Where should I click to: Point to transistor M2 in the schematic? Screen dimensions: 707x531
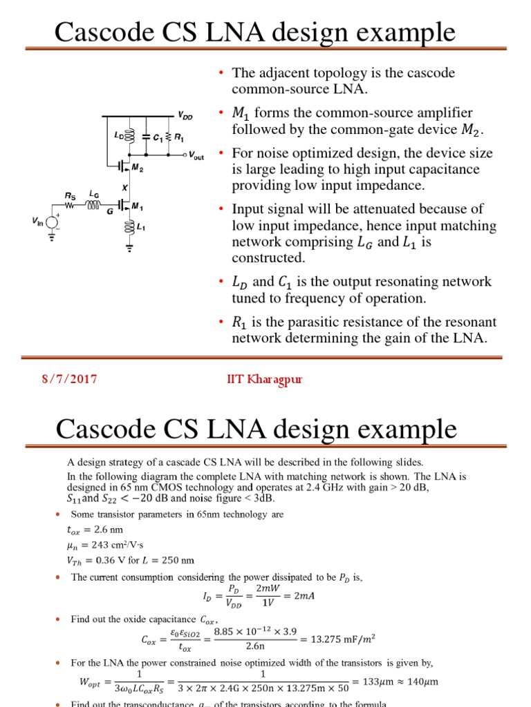[x=122, y=166]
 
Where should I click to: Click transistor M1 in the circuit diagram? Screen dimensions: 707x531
[x=122, y=205]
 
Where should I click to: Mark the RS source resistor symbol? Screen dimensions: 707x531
[x=70, y=205]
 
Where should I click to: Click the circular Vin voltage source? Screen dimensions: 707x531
[x=51, y=220]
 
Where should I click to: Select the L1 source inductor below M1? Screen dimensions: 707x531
[x=128, y=227]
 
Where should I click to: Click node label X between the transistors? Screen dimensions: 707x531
[x=125, y=187]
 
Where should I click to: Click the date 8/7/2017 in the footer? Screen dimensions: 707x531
[x=66, y=379]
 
